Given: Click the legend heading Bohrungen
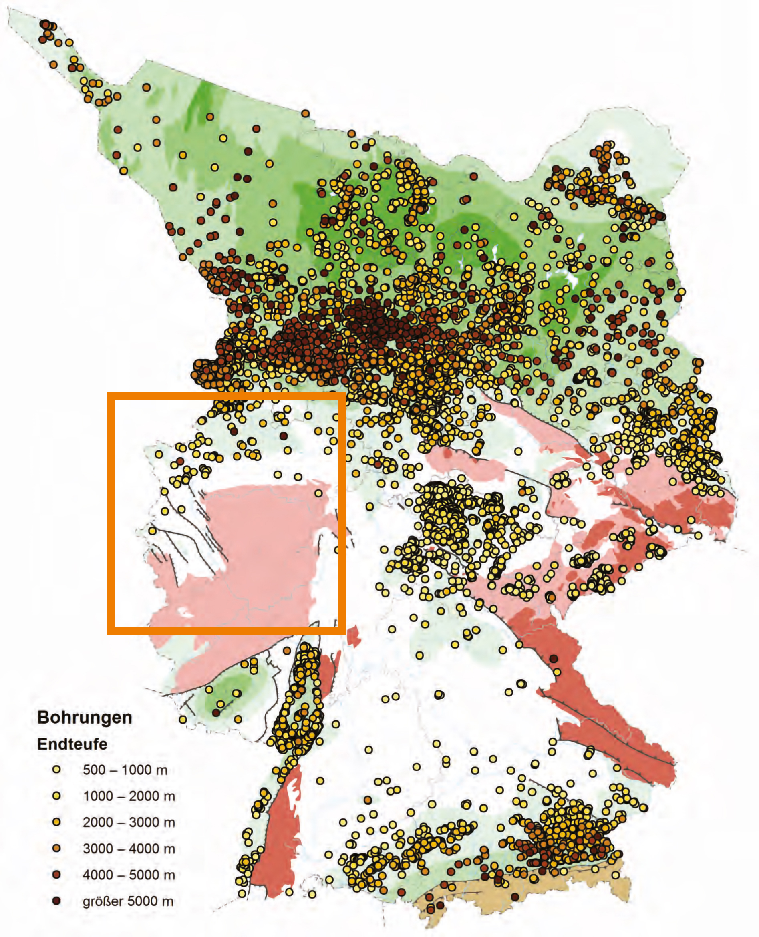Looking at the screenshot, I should [x=85, y=718].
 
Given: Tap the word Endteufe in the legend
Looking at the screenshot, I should [x=72, y=744].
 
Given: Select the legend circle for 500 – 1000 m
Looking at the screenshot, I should [x=56, y=770].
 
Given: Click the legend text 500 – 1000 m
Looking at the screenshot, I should [x=125, y=770].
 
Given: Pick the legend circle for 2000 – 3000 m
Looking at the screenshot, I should [x=56, y=822].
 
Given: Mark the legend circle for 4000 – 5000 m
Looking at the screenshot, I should [x=56, y=875].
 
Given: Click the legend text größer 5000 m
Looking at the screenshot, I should [x=128, y=901].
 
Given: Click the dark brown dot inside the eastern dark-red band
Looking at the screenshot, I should [x=554, y=659].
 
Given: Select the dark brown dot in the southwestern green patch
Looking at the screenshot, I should [x=216, y=713].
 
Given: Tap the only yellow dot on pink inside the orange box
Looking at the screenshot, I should [x=318, y=493].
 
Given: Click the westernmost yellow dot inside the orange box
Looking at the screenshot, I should [x=152, y=530].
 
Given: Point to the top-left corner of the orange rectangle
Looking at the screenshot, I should [x=110, y=396].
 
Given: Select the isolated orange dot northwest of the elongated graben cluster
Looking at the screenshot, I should [x=287, y=651].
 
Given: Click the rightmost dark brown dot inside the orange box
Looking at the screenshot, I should [x=283, y=436].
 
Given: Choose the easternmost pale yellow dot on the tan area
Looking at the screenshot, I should [x=616, y=875].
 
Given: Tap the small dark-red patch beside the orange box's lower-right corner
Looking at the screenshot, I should [x=353, y=635].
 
